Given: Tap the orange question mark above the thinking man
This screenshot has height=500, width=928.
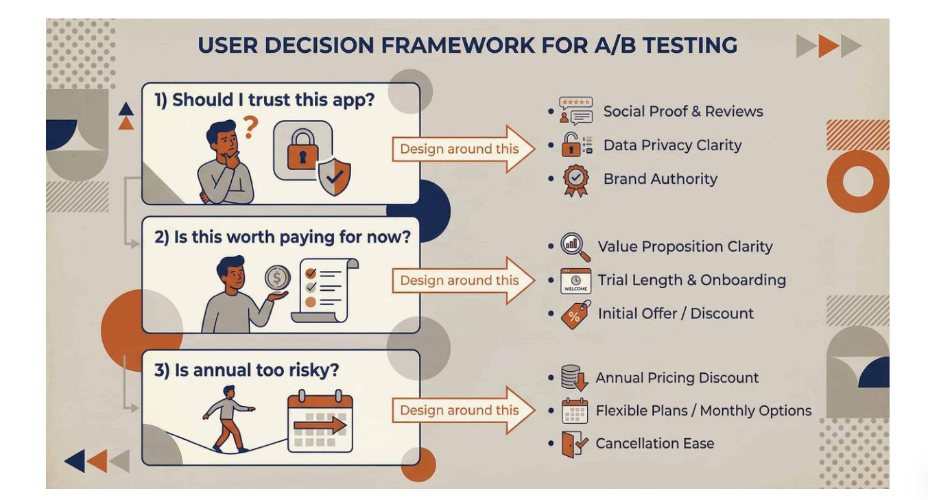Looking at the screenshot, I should pyautogui.click(x=251, y=126).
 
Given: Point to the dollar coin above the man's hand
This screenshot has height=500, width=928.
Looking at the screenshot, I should pyautogui.click(x=278, y=278).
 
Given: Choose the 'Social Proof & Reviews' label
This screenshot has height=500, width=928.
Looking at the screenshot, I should pyautogui.click(x=682, y=112).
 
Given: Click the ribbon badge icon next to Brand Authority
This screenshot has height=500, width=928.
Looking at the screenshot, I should pyautogui.click(x=575, y=180).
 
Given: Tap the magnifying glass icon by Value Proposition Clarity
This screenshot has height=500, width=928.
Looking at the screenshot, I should pyautogui.click(x=575, y=247).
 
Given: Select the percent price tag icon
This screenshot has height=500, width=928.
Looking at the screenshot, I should pyautogui.click(x=575, y=314).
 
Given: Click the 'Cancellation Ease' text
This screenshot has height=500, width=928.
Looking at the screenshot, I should pyautogui.click(x=654, y=444).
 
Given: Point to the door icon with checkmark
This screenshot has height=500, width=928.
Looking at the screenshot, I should pyautogui.click(x=574, y=444).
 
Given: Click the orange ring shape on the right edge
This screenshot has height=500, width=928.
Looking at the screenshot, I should pyautogui.click(x=857, y=182).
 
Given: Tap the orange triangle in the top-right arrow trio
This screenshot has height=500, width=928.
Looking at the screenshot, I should pyautogui.click(x=828, y=46).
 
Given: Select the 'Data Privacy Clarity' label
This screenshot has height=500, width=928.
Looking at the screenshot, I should pyautogui.click(x=672, y=145).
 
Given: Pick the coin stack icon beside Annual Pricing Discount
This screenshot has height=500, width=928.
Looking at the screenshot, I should pyautogui.click(x=574, y=378).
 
